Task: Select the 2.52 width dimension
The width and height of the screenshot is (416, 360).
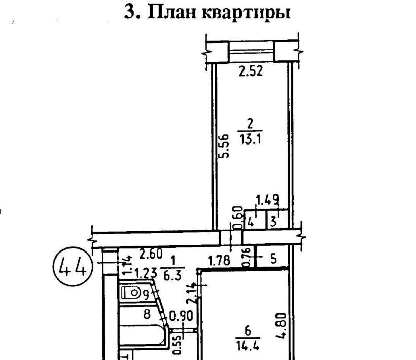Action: [251, 71]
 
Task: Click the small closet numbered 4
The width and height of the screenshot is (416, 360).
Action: [250, 221]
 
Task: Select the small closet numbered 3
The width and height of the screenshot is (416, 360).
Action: [273, 221]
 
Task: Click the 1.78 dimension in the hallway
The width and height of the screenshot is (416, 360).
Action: [220, 261]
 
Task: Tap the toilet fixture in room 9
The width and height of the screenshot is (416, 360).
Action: [131, 293]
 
